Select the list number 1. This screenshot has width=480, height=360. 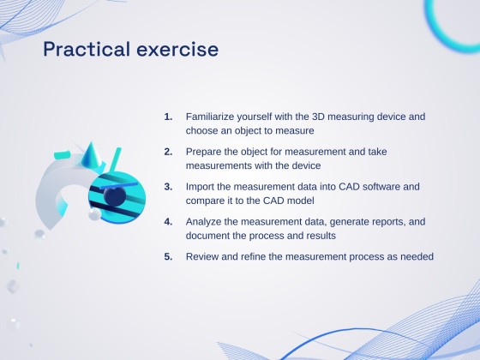tap(167, 116)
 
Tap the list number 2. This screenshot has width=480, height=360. tap(167, 151)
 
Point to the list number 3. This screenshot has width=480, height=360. tap(167, 186)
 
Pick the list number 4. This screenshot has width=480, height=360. tap(167, 221)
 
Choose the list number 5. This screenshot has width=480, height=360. tap(167, 256)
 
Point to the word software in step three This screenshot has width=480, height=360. tap(381, 186)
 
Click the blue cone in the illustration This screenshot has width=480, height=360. tap(93, 157)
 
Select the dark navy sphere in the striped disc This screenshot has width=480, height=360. tap(115, 198)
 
